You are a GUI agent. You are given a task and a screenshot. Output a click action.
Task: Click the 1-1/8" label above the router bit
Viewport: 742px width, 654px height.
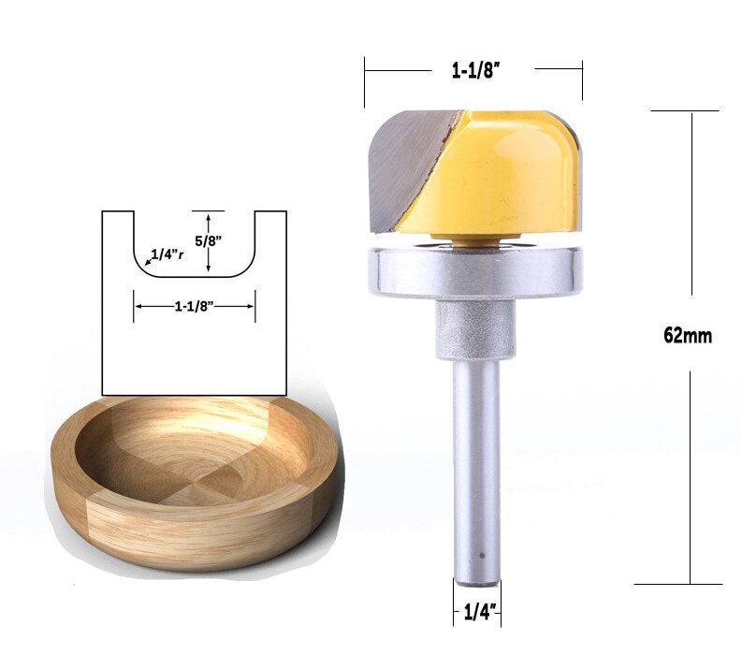[x=473, y=68]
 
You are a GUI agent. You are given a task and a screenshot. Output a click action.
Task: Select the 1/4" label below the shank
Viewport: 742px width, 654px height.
[x=478, y=615]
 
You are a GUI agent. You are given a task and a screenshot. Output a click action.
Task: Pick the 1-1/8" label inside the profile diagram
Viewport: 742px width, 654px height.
[x=195, y=304]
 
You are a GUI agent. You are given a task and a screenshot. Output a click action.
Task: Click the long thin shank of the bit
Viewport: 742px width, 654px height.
[x=476, y=468]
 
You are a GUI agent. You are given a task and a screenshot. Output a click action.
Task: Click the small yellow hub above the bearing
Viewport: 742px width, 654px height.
[x=475, y=240]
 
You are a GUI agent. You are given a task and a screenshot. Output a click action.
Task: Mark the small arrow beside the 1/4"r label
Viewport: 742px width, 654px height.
[x=147, y=262]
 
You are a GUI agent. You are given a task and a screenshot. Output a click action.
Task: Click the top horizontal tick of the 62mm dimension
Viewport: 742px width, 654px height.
[x=690, y=110]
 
